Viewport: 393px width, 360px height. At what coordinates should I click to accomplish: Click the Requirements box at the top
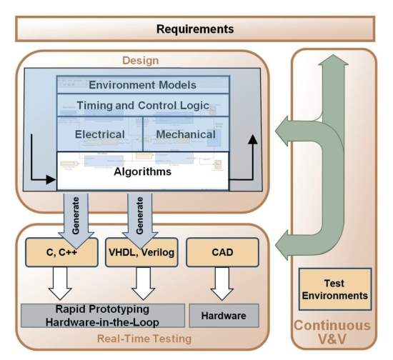(195, 29)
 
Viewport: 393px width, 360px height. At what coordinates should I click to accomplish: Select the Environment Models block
(143, 85)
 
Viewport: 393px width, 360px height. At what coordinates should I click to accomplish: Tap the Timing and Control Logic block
(143, 105)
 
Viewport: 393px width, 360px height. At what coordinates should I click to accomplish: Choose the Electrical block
(100, 134)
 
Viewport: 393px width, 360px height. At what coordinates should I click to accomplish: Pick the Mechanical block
(186, 134)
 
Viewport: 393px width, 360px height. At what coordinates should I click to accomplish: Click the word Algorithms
(143, 171)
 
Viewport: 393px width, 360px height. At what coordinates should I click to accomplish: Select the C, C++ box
(61, 252)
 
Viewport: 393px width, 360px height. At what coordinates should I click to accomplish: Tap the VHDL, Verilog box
(141, 252)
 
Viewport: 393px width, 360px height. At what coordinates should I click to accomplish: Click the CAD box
(222, 252)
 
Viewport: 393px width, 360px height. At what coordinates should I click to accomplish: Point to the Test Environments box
(335, 289)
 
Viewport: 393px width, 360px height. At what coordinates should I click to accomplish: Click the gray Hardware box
(224, 316)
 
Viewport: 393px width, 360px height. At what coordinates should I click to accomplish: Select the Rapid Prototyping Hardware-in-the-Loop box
(103, 316)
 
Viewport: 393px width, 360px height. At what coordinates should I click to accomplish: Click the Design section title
(140, 61)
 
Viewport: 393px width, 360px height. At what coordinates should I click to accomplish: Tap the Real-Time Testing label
(144, 339)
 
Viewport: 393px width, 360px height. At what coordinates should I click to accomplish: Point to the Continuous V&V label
(332, 332)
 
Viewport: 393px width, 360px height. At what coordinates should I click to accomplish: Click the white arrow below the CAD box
(222, 283)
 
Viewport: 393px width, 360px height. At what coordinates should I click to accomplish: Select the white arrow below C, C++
(60, 283)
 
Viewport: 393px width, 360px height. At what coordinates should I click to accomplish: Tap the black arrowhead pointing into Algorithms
(51, 179)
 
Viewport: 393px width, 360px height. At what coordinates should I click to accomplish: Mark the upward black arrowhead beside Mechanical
(253, 139)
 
